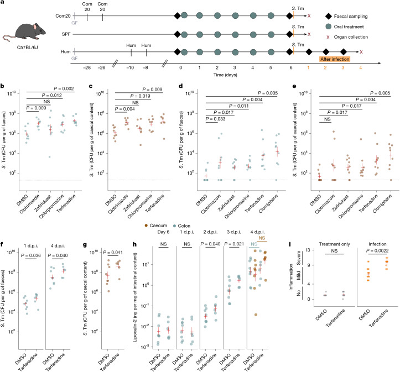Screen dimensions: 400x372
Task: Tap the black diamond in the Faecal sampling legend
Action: pyautogui.click(x=328, y=17)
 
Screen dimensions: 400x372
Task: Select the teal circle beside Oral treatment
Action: pyautogui.click(x=328, y=27)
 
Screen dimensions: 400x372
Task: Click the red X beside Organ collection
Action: pyautogui.click(x=328, y=37)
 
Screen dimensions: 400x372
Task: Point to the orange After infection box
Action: pyautogui.click(x=335, y=59)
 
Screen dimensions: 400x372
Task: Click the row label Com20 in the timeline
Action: pyautogui.click(x=63, y=16)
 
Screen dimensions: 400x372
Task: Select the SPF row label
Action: pyautogui.click(x=66, y=34)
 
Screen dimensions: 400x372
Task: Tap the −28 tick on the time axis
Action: pyautogui.click(x=87, y=68)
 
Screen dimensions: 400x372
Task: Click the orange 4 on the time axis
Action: pyautogui.click(x=361, y=68)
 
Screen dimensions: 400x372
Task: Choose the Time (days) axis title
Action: pyautogui.click(x=225, y=75)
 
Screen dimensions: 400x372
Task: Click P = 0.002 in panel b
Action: pyautogui.click(x=64, y=88)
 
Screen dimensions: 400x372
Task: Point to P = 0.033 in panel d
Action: pyautogui.click(x=215, y=119)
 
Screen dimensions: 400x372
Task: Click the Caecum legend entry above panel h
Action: pyautogui.click(x=156, y=226)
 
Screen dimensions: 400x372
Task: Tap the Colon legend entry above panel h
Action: pyautogui.click(x=181, y=226)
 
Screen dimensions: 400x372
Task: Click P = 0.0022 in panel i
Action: pyautogui.click(x=377, y=251)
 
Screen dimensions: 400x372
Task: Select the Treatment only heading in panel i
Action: pyautogui.click(x=334, y=244)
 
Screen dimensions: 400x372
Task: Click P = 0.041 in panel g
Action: pyautogui.click(x=113, y=252)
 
